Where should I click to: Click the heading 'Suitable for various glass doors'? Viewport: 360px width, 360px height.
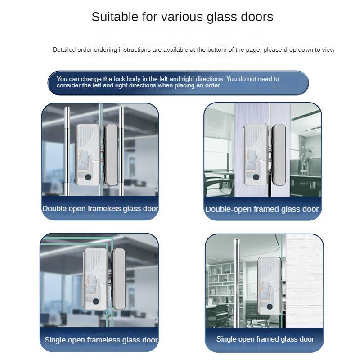182,17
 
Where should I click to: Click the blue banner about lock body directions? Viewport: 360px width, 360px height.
178,82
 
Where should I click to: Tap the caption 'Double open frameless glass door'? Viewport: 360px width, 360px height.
100,208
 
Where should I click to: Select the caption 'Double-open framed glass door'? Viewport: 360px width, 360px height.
262,209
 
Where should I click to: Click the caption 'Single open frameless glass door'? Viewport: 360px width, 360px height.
101,340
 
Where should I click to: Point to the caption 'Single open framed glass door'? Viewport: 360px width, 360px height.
265,339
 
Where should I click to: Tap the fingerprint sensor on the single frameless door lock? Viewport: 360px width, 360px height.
96,302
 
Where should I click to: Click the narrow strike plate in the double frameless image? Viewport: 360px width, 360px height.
111,156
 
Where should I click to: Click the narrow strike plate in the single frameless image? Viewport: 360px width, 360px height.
118,279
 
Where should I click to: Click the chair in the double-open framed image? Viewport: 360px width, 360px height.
215,187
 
